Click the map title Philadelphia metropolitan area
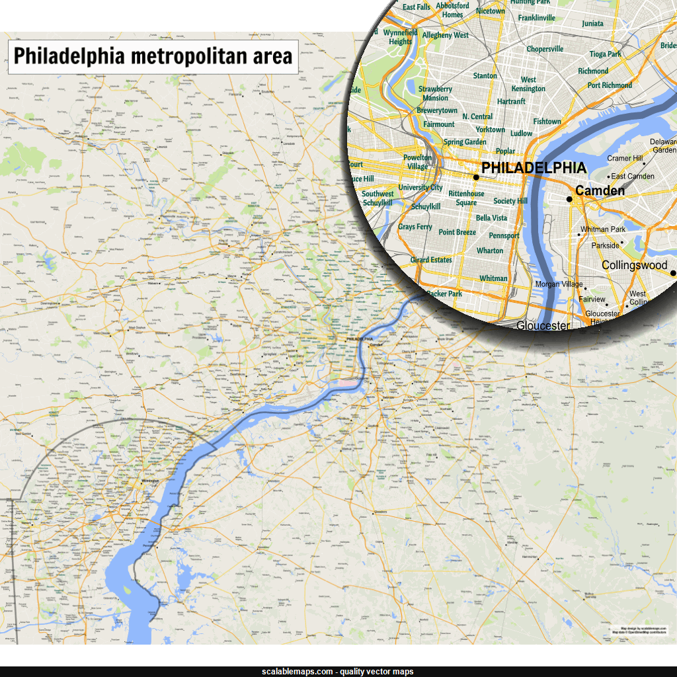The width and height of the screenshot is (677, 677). click(x=153, y=56)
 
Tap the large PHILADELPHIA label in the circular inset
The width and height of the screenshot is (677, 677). click(x=534, y=168)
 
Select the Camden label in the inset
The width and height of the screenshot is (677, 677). click(x=600, y=191)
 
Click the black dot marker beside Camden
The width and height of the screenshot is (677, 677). click(x=569, y=198)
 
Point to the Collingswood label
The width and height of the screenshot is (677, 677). click(x=634, y=265)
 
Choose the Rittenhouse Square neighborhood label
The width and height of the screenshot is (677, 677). click(x=466, y=198)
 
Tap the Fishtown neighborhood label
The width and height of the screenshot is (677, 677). click(x=547, y=122)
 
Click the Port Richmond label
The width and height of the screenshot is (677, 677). click(x=610, y=85)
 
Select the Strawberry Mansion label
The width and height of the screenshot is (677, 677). click(x=435, y=93)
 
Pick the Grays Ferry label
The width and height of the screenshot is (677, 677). click(x=415, y=227)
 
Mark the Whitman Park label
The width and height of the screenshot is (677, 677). click(x=603, y=229)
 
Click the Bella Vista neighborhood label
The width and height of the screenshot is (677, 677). click(x=491, y=218)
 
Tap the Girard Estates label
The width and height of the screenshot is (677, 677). click(x=431, y=260)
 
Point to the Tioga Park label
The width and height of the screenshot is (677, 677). click(x=606, y=54)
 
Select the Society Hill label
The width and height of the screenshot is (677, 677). click(x=510, y=201)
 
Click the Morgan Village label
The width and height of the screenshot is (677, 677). click(x=559, y=284)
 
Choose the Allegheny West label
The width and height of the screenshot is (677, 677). click(x=445, y=35)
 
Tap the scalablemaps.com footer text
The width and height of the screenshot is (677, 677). click(x=337, y=671)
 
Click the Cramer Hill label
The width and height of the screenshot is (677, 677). click(x=625, y=159)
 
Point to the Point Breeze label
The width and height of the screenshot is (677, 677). click(x=457, y=232)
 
